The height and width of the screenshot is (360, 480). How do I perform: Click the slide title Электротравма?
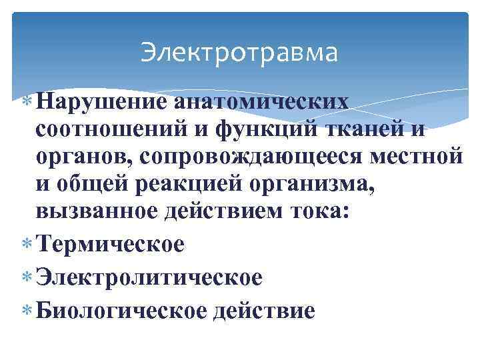click(x=239, y=52)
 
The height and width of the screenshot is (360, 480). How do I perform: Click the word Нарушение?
click(x=102, y=102)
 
